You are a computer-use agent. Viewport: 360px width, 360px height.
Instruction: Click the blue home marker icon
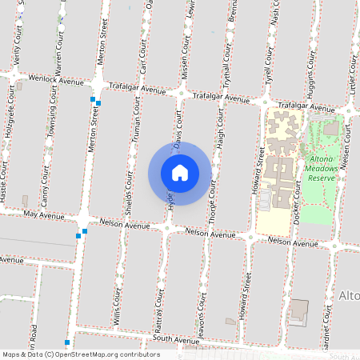tap(179, 173)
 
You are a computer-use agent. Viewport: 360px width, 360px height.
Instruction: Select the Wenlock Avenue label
tap(56, 81)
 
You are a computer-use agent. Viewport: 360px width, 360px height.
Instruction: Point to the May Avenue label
tap(43, 215)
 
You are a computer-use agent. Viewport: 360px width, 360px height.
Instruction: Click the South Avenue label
tap(175, 341)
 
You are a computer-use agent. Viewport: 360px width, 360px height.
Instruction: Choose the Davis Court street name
tap(177, 130)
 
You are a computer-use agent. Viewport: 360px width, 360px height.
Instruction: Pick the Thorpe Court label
tap(211, 198)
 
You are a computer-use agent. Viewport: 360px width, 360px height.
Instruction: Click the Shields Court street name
tap(128, 193)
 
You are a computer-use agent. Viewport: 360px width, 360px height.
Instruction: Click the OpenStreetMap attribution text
tap(80, 354)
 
